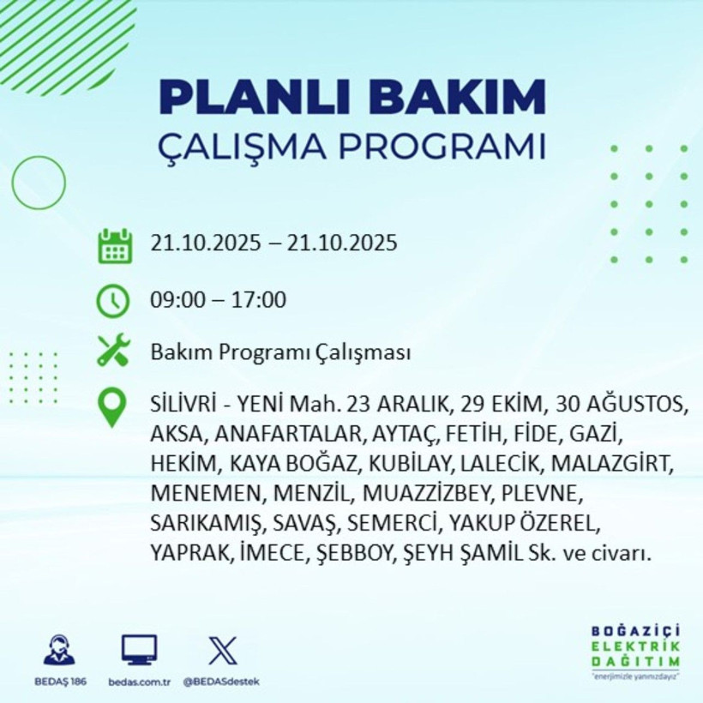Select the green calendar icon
(114, 245)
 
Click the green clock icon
(114, 301)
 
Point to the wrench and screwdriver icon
(113, 351)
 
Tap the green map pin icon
(113, 407)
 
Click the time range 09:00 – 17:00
(218, 301)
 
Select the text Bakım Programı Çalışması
(279, 352)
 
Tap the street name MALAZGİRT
(611, 464)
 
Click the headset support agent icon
(59, 651)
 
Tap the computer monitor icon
(139, 651)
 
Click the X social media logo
(223, 651)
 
